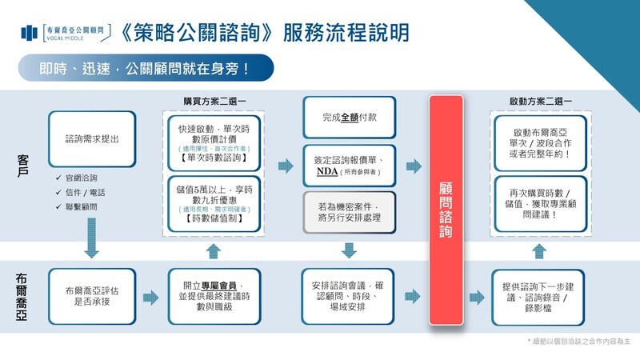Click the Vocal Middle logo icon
point(30,33)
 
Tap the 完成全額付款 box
point(349,117)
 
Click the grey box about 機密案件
point(349,212)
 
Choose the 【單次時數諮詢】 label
point(213,158)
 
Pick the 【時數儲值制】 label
point(213,218)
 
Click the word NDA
point(327,170)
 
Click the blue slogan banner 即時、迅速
point(144,68)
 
